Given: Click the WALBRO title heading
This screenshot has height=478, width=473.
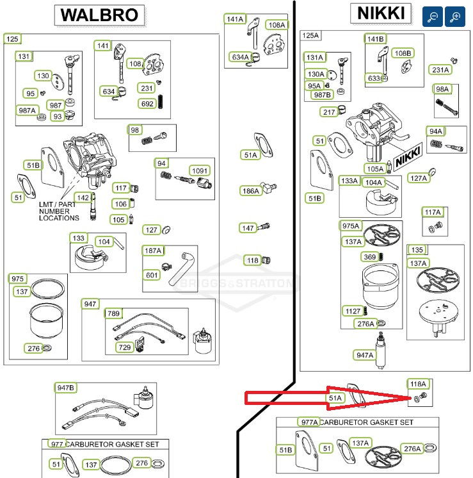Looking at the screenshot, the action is coord(99,15).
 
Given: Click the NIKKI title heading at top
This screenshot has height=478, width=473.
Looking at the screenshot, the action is coord(381,13).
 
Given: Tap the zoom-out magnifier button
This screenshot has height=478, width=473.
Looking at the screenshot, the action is coord(432,17).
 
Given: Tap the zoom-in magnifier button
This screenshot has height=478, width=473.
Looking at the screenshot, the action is coord(455,17).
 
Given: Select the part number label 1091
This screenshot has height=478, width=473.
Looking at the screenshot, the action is coord(200,170).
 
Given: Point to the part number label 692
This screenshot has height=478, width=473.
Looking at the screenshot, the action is coord(147,104).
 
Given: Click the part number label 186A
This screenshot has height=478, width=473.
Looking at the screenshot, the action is coord(251,191).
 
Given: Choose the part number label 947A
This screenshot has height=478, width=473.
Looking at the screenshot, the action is coord(365,355).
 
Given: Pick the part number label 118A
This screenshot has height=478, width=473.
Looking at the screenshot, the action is coord(418,384).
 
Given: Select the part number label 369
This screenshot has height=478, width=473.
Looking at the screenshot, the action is coord(370,257).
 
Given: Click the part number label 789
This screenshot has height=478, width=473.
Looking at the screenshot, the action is coord(113,313).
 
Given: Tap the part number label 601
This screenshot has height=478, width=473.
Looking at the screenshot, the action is coord(151,276).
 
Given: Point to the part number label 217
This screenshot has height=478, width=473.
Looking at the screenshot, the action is coord(329,112).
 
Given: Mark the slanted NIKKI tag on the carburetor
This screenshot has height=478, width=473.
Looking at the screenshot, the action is coord(408,156).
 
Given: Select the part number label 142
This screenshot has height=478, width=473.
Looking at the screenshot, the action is coord(83,197).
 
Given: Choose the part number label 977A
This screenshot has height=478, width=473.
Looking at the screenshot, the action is coord(309,422).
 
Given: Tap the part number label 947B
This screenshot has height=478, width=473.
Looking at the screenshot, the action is coord(65,388).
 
